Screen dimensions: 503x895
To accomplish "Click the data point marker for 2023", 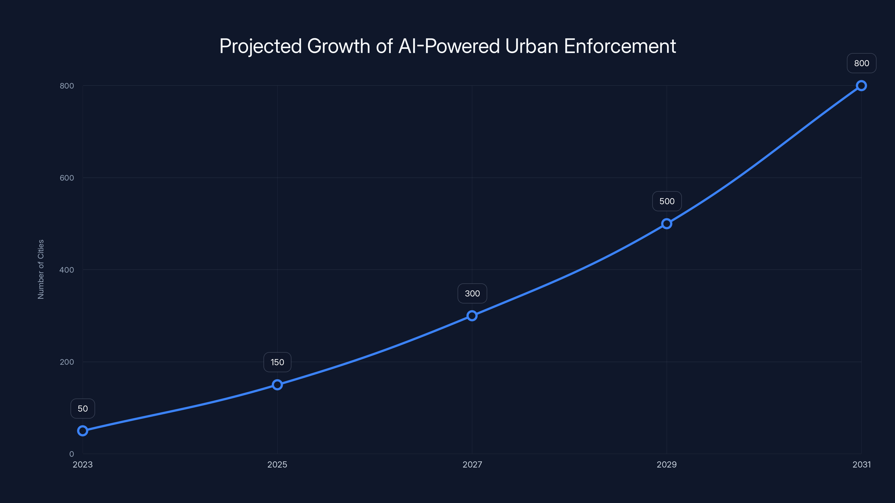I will click(x=83, y=431).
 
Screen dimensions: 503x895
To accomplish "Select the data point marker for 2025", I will click(x=277, y=385).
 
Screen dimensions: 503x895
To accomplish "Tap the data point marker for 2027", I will click(x=472, y=315).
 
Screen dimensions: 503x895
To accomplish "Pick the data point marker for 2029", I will click(x=666, y=224).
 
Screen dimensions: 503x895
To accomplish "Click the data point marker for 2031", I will click(x=861, y=86).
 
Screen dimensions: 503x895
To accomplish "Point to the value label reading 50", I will click(x=83, y=409).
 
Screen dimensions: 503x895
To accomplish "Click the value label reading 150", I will click(x=277, y=362).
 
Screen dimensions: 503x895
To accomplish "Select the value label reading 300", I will click(x=472, y=293).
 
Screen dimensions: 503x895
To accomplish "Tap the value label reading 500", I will click(x=667, y=201).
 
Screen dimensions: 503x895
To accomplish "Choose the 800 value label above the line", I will click(x=861, y=63).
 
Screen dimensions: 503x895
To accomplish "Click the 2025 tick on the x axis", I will click(x=277, y=464).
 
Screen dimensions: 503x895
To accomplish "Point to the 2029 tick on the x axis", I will click(x=666, y=464).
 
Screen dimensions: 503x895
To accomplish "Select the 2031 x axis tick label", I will click(x=861, y=464).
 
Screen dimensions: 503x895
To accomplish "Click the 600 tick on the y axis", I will click(x=67, y=178).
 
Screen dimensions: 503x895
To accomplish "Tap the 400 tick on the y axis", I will click(x=67, y=270).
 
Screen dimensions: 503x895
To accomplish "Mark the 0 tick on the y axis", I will click(x=72, y=454).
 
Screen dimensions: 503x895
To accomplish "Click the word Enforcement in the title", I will click(x=620, y=46).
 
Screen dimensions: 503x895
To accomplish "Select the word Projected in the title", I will click(x=261, y=46).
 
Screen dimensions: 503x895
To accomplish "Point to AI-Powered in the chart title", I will click(x=449, y=46).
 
